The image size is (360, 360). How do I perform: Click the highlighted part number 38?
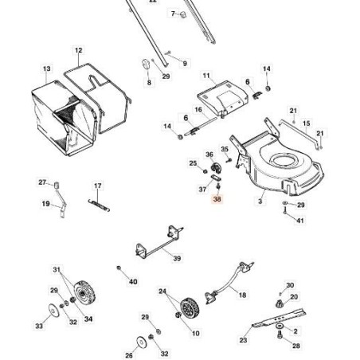pyautogui.click(x=217, y=198)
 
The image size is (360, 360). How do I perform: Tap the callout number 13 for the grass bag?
pyautogui.click(x=46, y=68)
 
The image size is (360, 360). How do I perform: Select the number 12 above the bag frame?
pyautogui.click(x=78, y=50)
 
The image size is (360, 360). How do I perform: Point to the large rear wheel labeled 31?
pyautogui.click(x=84, y=292)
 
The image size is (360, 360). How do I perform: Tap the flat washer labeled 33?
pyautogui.click(x=54, y=310)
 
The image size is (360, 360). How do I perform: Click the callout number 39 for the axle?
pyautogui.click(x=177, y=258)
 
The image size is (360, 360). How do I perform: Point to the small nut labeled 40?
pyautogui.click(x=119, y=268)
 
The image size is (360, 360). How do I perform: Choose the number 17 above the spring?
pyautogui.click(x=97, y=186)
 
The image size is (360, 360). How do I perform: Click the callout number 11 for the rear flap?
pyautogui.click(x=206, y=76)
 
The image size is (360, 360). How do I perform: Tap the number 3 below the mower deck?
pyautogui.click(x=260, y=201)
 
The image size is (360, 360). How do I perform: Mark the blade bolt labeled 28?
pyautogui.click(x=280, y=335)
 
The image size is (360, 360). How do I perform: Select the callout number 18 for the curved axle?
pyautogui.click(x=242, y=295)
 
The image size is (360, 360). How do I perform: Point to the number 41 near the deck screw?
pyautogui.click(x=300, y=221)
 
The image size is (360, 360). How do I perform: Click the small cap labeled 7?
pyautogui.click(x=183, y=14)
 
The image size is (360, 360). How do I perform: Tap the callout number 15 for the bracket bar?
pyautogui.click(x=306, y=123)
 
